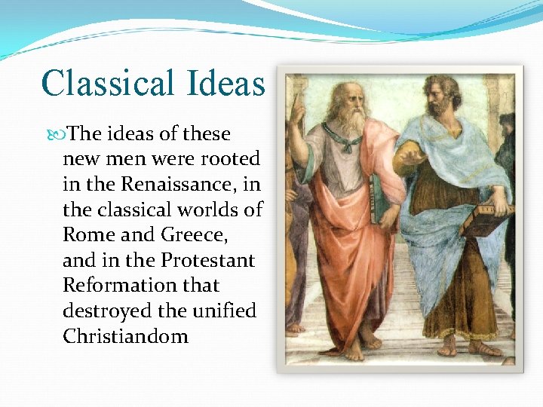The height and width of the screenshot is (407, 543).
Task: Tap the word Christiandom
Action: point(125,336)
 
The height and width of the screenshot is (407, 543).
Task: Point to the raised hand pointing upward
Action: point(297,106)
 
